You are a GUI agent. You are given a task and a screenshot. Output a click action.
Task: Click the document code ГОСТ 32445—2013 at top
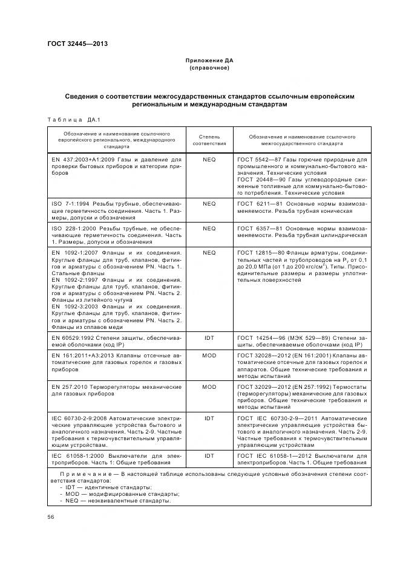[78, 44]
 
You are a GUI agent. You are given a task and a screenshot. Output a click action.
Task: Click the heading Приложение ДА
[209, 61]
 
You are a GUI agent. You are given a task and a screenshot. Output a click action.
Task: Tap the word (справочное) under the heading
[209, 68]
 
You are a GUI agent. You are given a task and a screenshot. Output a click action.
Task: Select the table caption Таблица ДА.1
[69, 119]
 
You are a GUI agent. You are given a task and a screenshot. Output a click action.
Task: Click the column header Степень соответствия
[209, 140]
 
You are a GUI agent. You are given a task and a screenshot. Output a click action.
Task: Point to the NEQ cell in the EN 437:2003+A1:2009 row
[209, 159]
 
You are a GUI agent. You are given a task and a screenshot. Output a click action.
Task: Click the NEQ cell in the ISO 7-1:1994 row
[209, 204]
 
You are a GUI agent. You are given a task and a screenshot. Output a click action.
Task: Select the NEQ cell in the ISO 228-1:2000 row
[209, 229]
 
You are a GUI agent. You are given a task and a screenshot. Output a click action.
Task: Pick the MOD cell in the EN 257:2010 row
[209, 386]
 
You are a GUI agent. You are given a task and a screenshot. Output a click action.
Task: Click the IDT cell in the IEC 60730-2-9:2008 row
[209, 418]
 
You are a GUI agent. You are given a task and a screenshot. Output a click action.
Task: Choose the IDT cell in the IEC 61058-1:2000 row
[209, 455]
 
